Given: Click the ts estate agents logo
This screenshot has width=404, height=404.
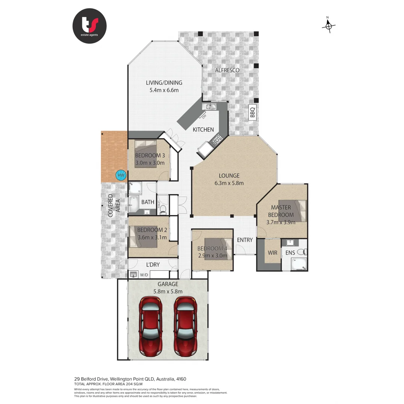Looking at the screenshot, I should [89, 26].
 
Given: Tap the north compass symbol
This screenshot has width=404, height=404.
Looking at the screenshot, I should [328, 25].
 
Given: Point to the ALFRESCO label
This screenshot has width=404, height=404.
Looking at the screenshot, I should [227, 70].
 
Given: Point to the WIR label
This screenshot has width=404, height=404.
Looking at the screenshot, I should [272, 253].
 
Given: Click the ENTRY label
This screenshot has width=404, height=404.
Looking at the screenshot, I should [245, 240].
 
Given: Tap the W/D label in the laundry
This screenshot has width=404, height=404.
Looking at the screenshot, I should [144, 275].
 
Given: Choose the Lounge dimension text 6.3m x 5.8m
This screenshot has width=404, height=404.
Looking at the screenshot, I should [230, 183].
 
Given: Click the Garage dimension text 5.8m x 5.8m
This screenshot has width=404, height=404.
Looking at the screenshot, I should [168, 291].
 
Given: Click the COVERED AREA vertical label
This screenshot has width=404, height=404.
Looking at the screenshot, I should [114, 205].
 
